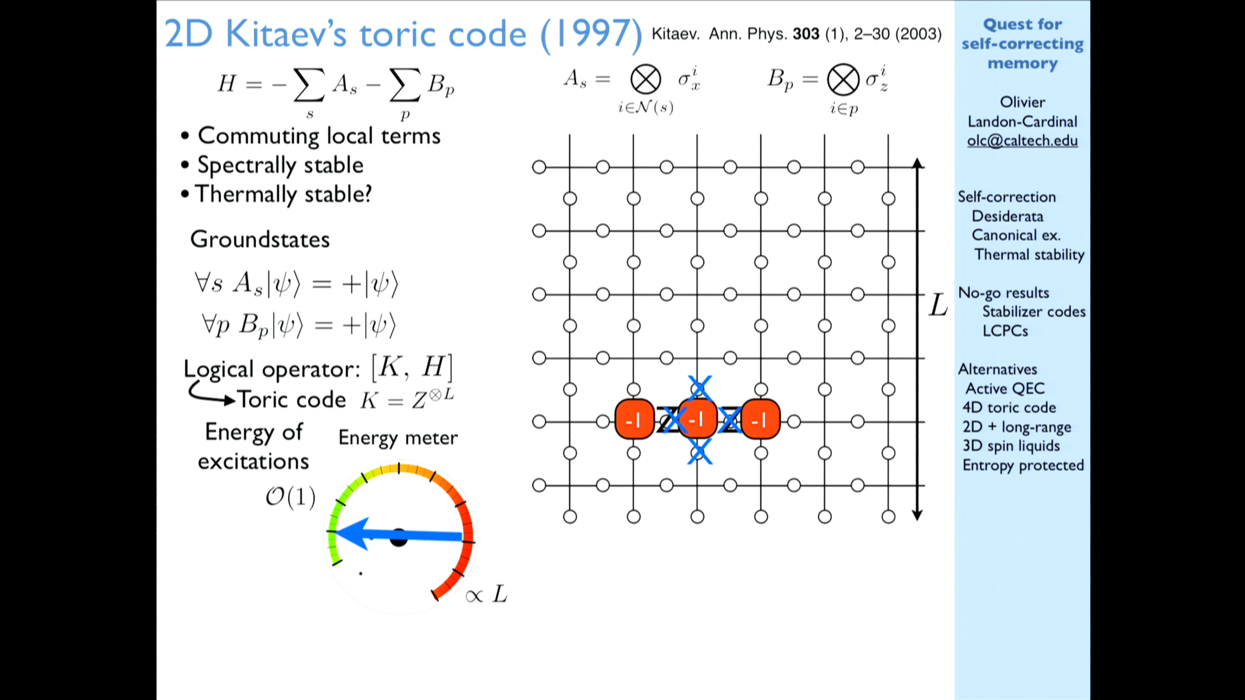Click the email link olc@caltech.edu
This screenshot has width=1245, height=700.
(1022, 141)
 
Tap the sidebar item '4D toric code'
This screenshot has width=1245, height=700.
(1009, 407)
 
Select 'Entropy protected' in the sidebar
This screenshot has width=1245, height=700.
(1023, 465)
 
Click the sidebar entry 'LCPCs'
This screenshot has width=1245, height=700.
(1005, 331)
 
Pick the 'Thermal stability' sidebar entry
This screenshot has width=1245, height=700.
(1029, 255)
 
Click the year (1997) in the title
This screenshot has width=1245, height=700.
(591, 34)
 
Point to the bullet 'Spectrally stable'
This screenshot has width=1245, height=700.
(280, 165)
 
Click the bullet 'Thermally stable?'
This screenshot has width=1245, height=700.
(283, 194)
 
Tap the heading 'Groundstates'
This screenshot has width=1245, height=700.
(260, 239)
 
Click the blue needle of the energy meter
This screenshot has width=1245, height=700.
(399, 535)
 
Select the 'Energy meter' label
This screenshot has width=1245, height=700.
(398, 438)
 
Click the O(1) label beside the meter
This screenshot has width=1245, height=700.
(290, 497)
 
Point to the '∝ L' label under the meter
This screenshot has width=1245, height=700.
(486, 594)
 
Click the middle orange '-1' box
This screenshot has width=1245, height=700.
(697, 420)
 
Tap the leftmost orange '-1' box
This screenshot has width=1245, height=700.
(634, 420)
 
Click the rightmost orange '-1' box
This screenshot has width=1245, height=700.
(760, 420)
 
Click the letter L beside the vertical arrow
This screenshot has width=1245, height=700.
(938, 305)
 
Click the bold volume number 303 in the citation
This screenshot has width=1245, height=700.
(806, 34)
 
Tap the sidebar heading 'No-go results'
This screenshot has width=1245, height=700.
(1004, 293)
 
